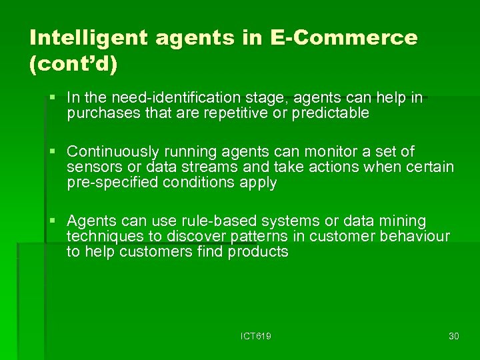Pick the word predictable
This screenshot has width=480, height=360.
[x=326, y=113]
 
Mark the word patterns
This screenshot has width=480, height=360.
[x=253, y=237]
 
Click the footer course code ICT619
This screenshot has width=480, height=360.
[x=256, y=336]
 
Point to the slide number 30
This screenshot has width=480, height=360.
[x=454, y=336]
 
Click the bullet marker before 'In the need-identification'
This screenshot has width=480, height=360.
[x=53, y=99]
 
